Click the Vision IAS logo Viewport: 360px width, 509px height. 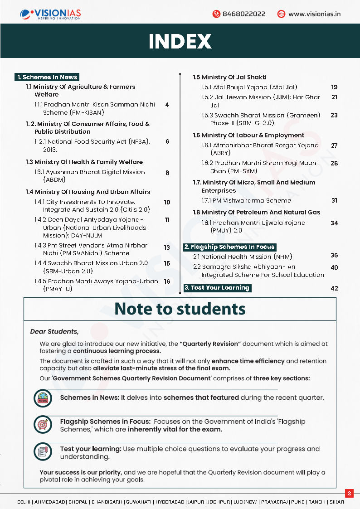(51, 14)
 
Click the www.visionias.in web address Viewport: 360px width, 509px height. (314, 14)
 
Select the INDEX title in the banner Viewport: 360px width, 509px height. (180, 41)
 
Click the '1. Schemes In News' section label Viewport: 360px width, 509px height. (47, 77)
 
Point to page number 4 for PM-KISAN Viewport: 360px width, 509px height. (167, 105)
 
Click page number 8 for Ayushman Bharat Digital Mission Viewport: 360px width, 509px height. (167, 173)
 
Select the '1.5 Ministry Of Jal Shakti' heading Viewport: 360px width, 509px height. (229, 77)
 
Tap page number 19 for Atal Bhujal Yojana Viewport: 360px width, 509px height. (334, 87)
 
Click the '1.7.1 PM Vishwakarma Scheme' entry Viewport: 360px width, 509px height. (247, 200)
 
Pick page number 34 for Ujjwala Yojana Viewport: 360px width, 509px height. (334, 223)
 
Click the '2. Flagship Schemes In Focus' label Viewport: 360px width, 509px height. (229, 247)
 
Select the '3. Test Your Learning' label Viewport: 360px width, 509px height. (217, 287)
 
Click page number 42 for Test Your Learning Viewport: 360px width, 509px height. (334, 288)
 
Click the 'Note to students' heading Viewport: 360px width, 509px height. (180, 309)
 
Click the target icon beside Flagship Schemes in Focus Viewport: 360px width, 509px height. (43, 425)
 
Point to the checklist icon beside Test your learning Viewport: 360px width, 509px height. (43, 452)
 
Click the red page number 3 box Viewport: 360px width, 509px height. (349, 493)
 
